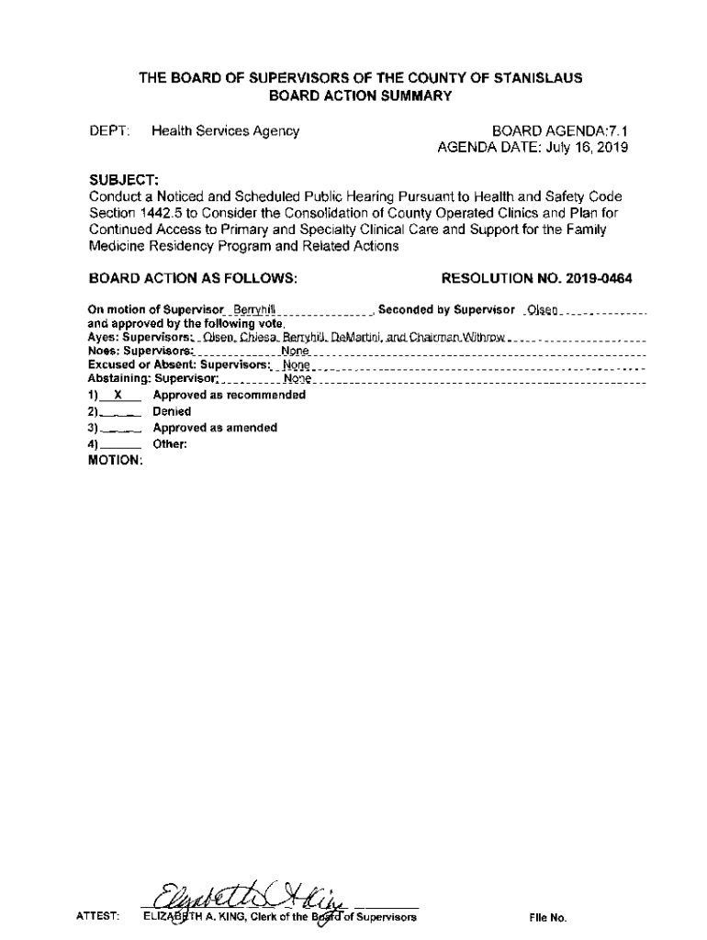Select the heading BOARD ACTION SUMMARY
click(360, 95)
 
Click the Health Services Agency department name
click(225, 131)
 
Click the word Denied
click(172, 412)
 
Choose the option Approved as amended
click(214, 428)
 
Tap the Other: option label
click(170, 444)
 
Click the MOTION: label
click(115, 461)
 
